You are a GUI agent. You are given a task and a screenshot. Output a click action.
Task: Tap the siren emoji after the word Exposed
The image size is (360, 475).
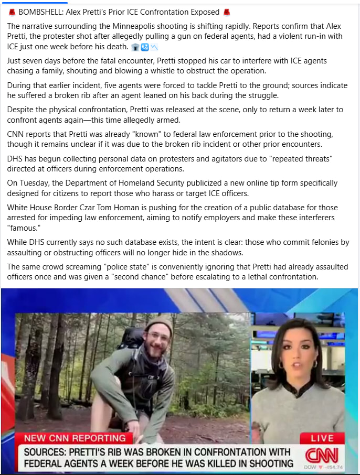click(x=227, y=12)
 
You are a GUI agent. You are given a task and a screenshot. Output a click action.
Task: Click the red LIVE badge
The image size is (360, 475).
click(x=322, y=438)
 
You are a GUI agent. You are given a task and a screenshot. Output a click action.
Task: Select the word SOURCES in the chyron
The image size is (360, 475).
click(x=50, y=452)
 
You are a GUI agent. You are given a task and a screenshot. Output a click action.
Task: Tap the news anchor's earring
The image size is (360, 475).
click(x=315, y=364)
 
